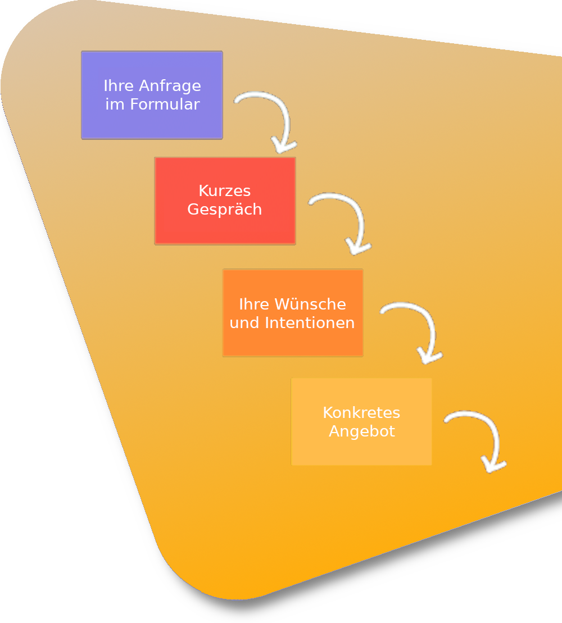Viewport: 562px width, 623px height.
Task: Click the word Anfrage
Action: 169,86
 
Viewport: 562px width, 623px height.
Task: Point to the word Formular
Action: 165,104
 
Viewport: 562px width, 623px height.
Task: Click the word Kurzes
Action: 225,191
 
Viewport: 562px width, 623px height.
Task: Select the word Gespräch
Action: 225,210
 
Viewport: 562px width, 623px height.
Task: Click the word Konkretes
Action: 361,413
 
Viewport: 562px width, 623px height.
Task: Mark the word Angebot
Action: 362,431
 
